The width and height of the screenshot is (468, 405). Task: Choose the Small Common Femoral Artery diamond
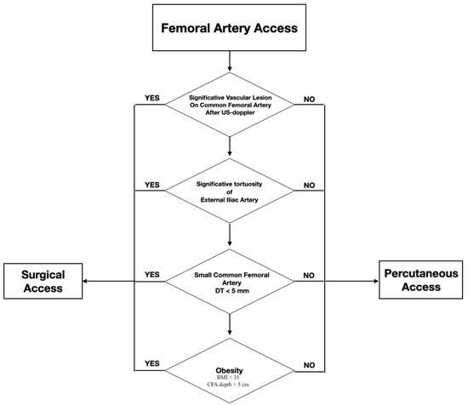click(x=230, y=281)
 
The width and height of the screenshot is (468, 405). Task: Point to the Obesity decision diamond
click(x=230, y=371)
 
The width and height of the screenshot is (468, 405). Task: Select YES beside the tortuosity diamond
click(x=153, y=184)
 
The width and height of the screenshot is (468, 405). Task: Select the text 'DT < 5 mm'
click(x=230, y=291)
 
